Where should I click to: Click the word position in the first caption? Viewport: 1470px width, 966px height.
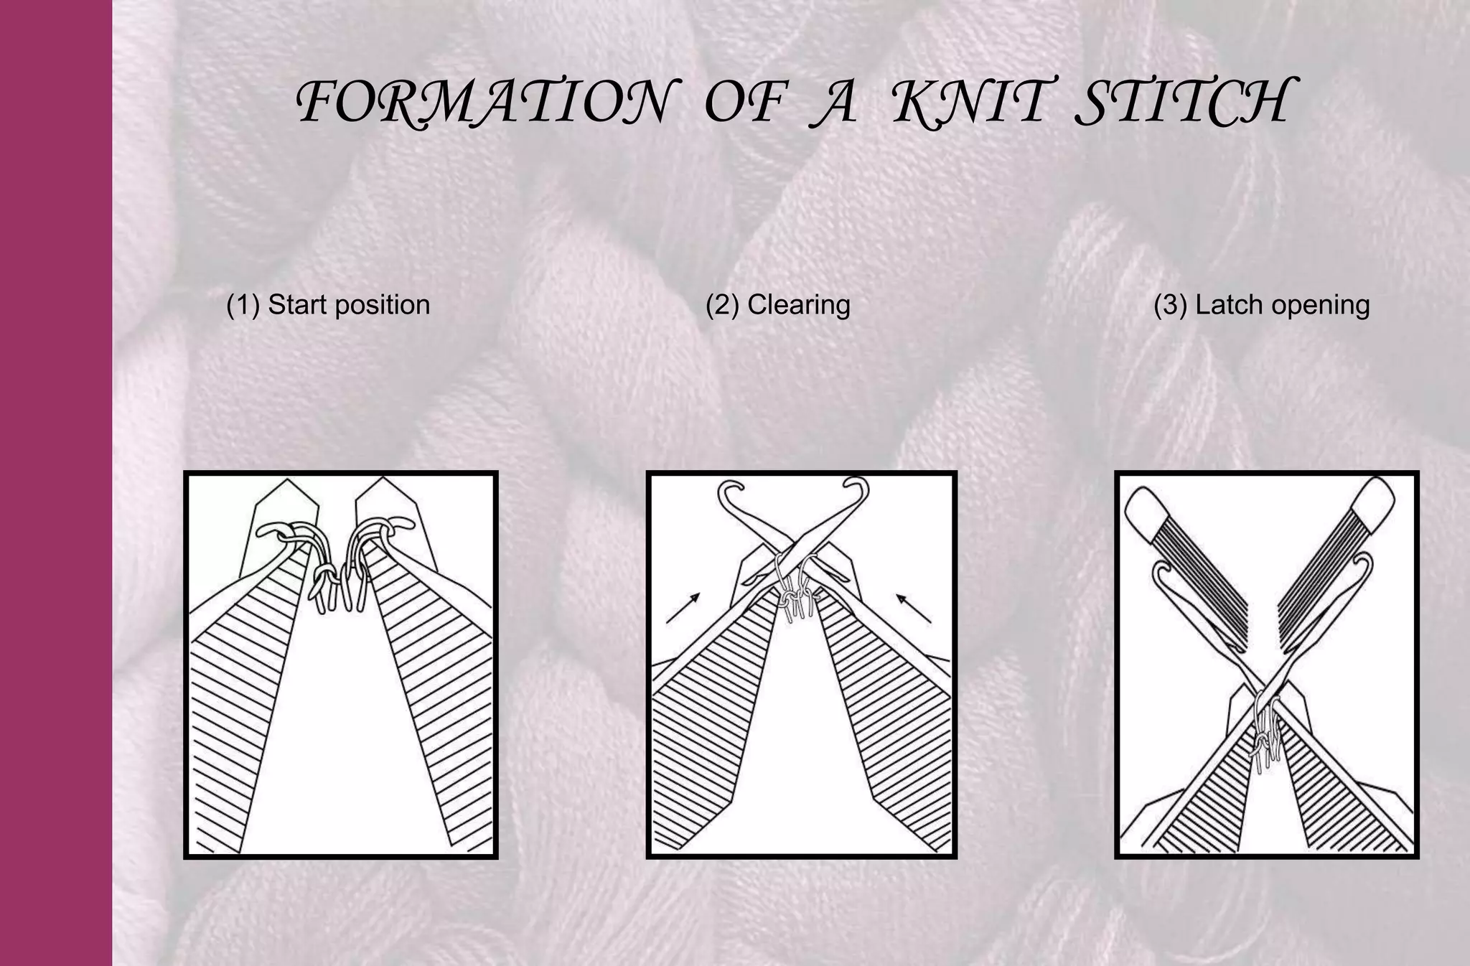tap(383, 305)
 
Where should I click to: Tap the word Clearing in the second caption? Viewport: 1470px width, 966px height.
tap(799, 305)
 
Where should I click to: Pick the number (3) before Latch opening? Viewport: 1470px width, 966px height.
tap(1171, 305)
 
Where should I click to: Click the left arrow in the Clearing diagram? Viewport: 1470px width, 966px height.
tap(683, 608)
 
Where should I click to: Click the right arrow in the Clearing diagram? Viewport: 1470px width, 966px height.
tap(913, 608)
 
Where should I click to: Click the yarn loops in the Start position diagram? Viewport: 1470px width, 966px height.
tap(337, 567)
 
